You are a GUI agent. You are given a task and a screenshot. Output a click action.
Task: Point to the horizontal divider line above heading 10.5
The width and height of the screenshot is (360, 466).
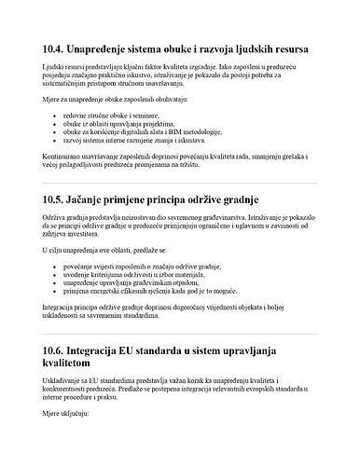pyautogui.click(x=180, y=184)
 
